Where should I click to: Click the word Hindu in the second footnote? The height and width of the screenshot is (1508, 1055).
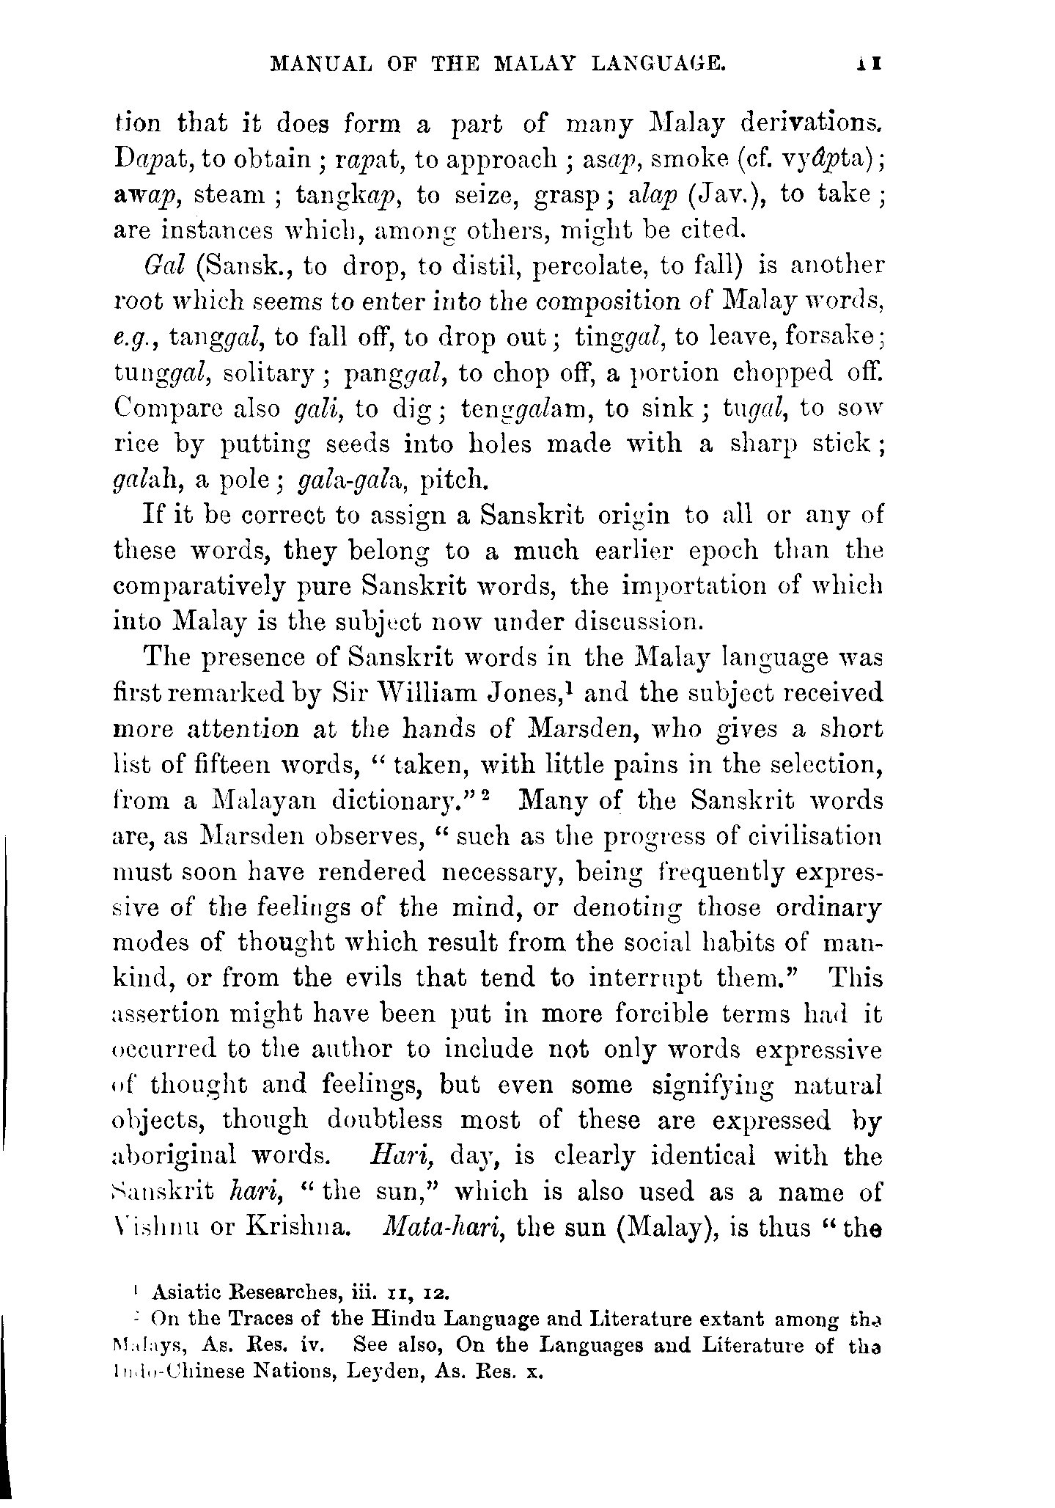click(x=402, y=1318)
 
